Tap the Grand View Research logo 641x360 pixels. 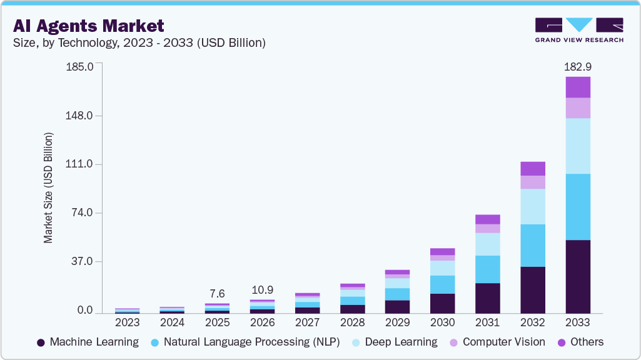click(578, 30)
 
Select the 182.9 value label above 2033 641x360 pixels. click(577, 66)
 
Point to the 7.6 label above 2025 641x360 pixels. click(217, 294)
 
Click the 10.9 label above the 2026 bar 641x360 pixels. click(262, 290)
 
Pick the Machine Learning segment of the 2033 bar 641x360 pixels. click(577, 276)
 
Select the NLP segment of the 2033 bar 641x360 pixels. click(577, 207)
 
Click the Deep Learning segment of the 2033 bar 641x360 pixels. click(577, 146)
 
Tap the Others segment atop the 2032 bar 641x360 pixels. click(532, 169)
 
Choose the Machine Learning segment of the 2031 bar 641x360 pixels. click(487, 297)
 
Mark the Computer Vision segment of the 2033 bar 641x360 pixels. click(577, 108)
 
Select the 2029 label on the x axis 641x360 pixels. click(397, 322)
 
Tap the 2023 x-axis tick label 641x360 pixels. click(127, 322)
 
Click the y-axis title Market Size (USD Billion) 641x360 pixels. click(48, 187)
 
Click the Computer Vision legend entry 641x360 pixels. click(497, 342)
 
